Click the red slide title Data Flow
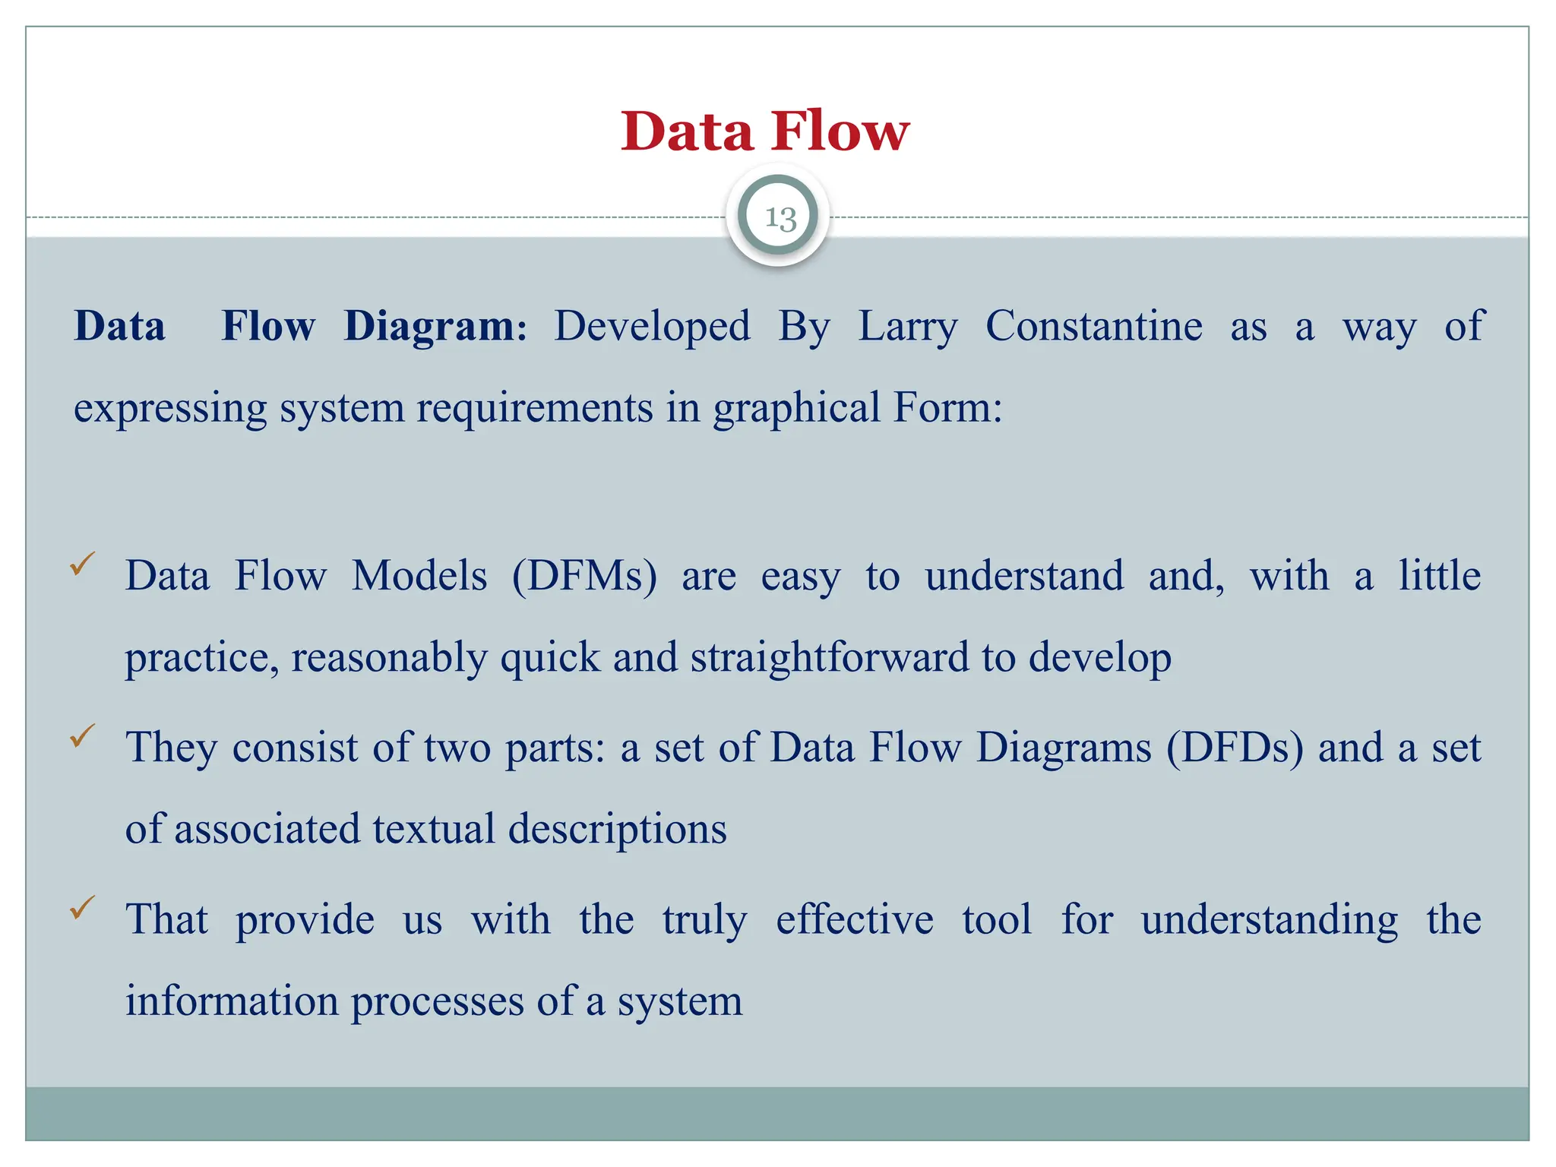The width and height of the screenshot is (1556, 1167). (765, 131)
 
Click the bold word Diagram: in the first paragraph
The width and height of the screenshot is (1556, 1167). (435, 327)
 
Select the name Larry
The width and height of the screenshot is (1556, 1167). (908, 327)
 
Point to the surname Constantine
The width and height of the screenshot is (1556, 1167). (1094, 327)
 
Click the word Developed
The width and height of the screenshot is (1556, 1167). (652, 327)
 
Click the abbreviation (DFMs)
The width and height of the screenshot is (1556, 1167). (584, 576)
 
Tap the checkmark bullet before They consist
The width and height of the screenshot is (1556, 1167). (82, 735)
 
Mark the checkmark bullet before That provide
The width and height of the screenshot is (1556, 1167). (82, 907)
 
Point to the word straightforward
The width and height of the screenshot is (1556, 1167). (830, 657)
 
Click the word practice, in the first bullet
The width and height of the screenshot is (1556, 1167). (201, 658)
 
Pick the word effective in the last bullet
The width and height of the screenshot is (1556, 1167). (854, 919)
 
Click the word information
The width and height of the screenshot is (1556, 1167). (232, 1001)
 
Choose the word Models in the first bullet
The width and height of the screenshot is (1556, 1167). (419, 576)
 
